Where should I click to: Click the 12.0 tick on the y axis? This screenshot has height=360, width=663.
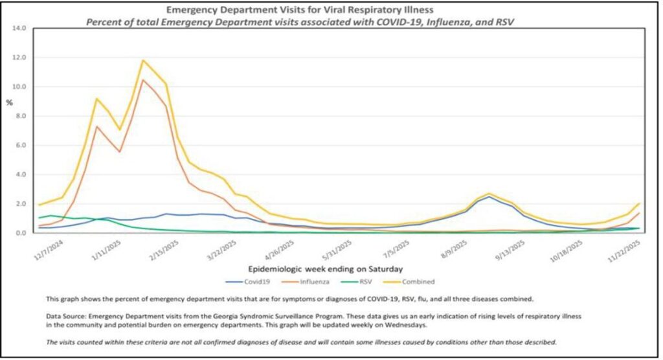coord(19,58)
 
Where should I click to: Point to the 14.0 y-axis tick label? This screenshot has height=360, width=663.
coord(19,28)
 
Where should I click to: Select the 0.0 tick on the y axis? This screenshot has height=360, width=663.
coord(20,233)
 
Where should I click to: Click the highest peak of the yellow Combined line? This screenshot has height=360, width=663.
coord(143,61)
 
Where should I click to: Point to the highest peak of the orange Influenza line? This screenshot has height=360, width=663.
coord(143,80)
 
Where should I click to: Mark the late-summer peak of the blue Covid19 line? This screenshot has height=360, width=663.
coord(489,197)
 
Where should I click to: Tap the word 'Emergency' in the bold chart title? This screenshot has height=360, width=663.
coord(192,10)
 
